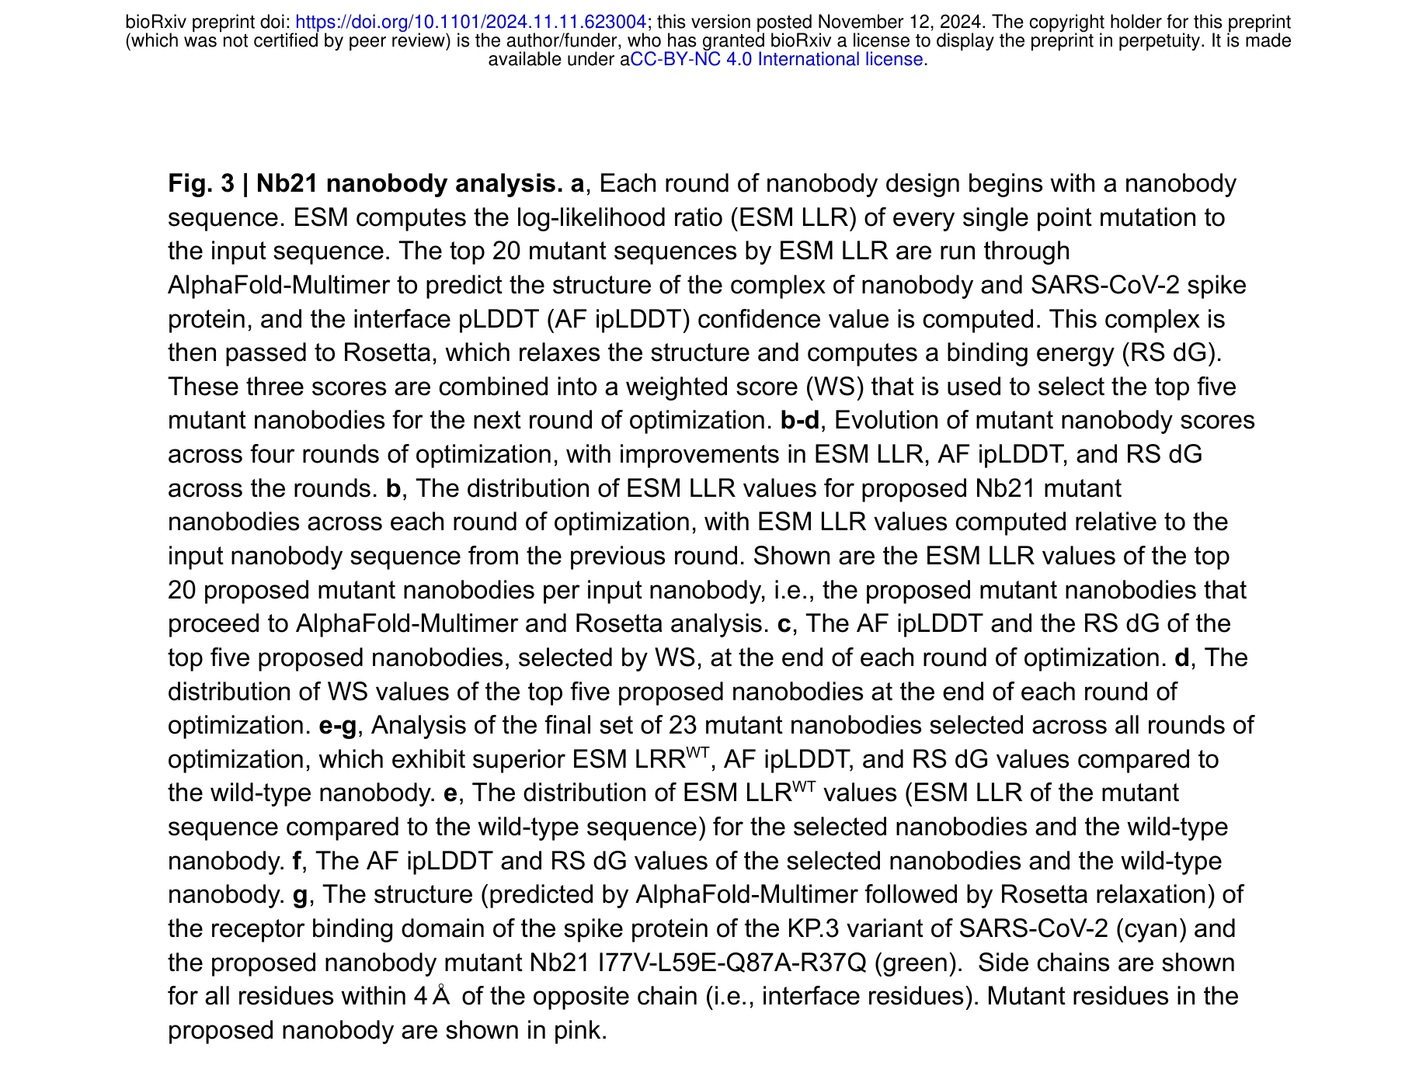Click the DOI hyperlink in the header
[x=471, y=23]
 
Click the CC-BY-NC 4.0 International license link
[x=776, y=60]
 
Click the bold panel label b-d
[x=799, y=421]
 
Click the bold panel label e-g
[x=338, y=726]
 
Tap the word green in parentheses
[x=917, y=963]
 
